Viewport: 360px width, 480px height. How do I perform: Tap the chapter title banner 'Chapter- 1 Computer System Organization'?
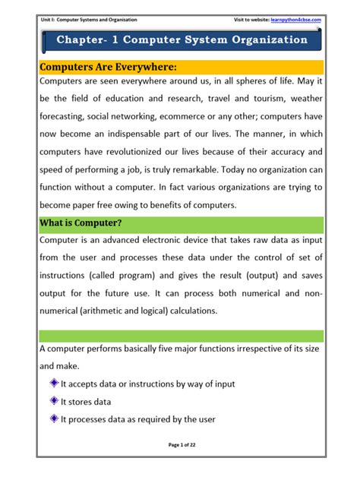pos(182,39)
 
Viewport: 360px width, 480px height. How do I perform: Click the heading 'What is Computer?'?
pos(80,223)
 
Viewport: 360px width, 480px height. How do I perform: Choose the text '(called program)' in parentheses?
pos(128,275)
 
